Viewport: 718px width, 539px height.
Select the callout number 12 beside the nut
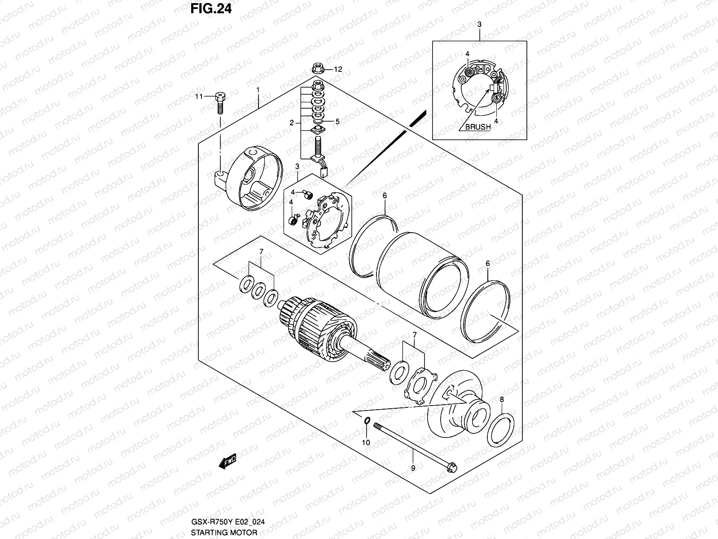click(x=337, y=69)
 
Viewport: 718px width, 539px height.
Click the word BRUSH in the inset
click(x=477, y=127)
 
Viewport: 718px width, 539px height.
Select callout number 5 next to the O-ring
click(x=337, y=121)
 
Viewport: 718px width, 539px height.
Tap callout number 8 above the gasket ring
click(x=502, y=399)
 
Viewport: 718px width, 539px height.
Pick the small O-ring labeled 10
click(x=367, y=420)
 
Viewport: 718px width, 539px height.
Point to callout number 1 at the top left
click(x=258, y=89)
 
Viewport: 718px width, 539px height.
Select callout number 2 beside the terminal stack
click(x=292, y=122)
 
